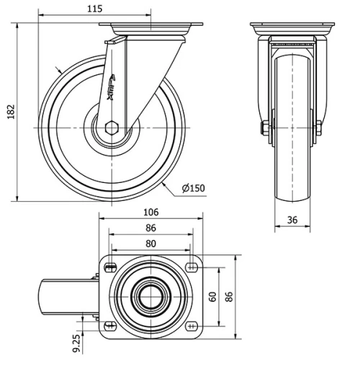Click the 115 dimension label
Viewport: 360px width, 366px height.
click(x=94, y=9)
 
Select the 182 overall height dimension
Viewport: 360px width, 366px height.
click(x=11, y=112)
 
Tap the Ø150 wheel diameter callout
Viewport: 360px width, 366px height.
click(x=194, y=189)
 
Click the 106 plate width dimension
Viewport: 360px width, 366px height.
click(x=150, y=213)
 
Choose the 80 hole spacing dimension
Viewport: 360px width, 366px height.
click(x=150, y=244)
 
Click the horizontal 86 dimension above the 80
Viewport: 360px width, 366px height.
click(x=150, y=228)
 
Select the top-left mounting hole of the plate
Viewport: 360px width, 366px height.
click(x=109, y=268)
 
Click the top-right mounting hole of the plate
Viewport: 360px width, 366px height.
click(x=192, y=268)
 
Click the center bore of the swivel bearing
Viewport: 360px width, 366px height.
click(x=151, y=296)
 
